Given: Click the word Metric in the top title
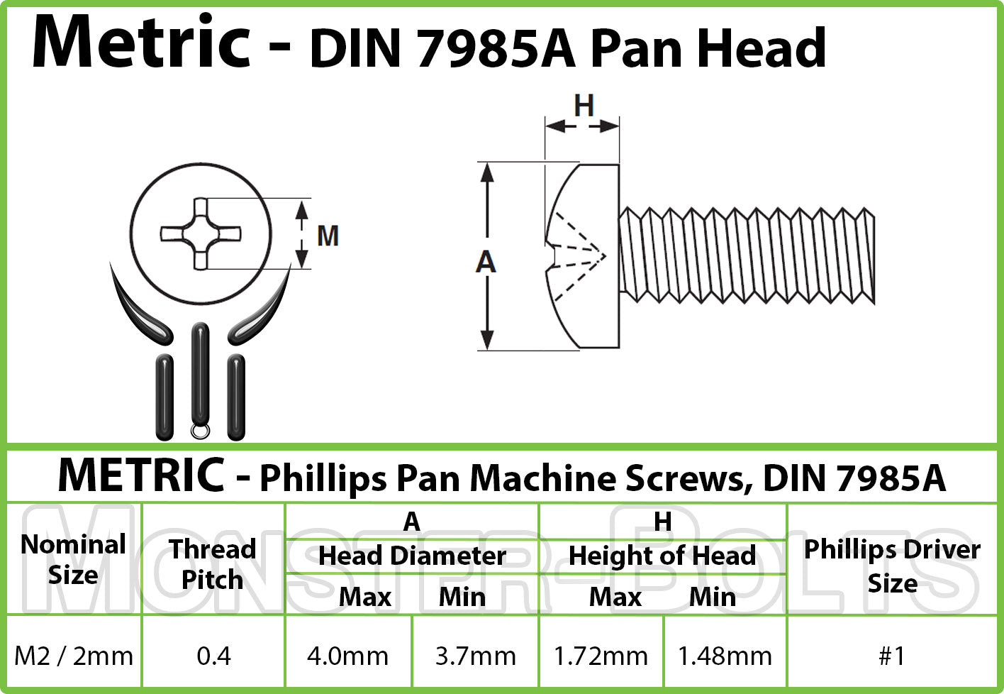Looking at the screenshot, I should tap(141, 43).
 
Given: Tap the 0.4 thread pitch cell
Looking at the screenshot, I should tap(213, 656).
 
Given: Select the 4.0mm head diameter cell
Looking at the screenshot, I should tap(347, 656).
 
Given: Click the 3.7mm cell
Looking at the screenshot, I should tap(475, 656).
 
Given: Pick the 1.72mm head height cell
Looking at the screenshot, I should tap(601, 656).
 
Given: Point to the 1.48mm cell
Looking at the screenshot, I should tap(725, 656).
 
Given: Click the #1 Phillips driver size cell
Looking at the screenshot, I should tap(892, 656).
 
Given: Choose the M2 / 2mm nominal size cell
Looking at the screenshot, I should tap(74, 656).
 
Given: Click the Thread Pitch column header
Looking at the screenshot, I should tap(213, 564).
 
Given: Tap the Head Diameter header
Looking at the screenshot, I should tap(412, 556).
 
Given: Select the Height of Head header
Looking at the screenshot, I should tap(662, 556).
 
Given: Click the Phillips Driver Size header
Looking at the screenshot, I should tap(892, 566).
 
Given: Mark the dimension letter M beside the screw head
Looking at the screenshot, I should tap(328, 236).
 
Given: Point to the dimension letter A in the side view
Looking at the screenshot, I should tap(486, 263).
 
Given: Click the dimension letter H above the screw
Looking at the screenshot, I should tap(584, 106).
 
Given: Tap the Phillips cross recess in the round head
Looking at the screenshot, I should tap(201, 233).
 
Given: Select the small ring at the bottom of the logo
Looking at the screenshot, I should tap(201, 430).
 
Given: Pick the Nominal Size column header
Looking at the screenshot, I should tap(73, 560).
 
